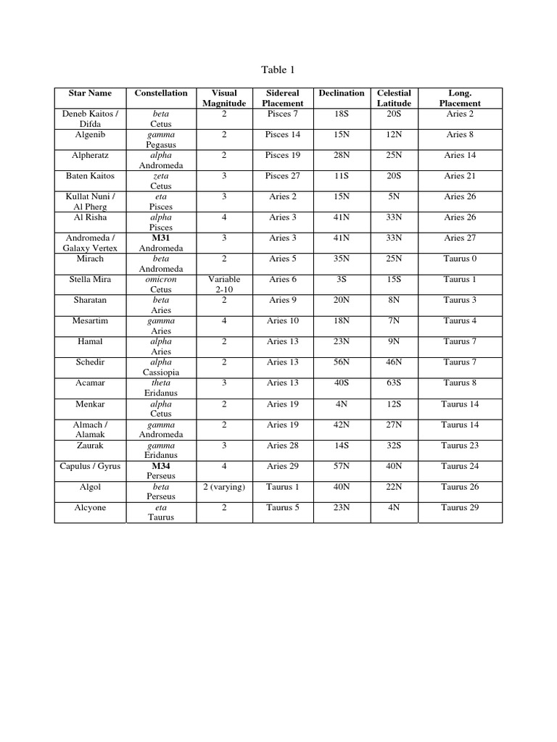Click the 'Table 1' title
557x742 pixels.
[x=278, y=70]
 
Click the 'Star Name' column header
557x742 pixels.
[x=90, y=93]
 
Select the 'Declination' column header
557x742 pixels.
[x=342, y=93]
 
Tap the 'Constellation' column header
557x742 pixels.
[x=161, y=93]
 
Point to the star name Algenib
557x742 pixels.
[x=90, y=135]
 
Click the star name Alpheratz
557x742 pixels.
[x=90, y=156]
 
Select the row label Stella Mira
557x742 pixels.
[x=90, y=280]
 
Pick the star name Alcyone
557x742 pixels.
[x=90, y=508]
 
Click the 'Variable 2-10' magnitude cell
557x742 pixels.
[x=224, y=285]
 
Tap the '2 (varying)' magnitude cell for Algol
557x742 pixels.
[x=224, y=487]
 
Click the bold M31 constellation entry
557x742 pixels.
[x=161, y=238]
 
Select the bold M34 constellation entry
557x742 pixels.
[x=161, y=467]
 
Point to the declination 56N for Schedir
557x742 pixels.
[x=342, y=362]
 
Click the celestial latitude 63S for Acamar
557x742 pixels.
[x=394, y=383]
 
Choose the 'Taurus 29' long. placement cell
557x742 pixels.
[x=460, y=508]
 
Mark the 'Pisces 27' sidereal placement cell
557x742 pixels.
[x=282, y=176]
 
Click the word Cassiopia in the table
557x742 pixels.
[x=161, y=372]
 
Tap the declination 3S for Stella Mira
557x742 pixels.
[x=342, y=280]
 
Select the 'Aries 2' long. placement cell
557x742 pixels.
[x=460, y=114]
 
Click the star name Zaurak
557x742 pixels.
[x=90, y=446]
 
